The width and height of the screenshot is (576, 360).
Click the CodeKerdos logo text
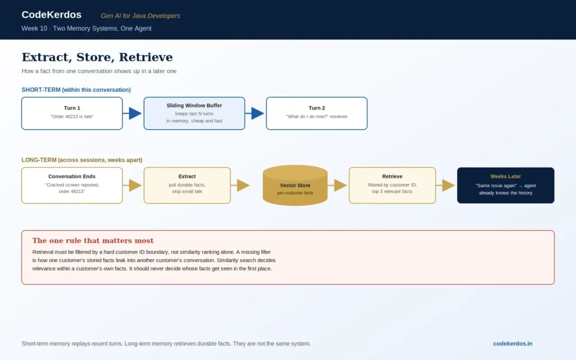tap(51, 15)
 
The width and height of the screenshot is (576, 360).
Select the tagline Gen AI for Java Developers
tap(140, 16)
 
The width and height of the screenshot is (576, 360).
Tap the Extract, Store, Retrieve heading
tap(97, 57)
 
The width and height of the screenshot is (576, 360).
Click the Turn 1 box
tap(72, 113)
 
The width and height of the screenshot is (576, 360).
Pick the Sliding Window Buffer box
tap(194, 113)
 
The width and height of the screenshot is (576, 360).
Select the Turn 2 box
tap(317, 113)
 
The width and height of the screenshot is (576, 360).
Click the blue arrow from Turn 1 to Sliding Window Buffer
tap(132, 113)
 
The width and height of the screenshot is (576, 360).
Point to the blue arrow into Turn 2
tap(255, 113)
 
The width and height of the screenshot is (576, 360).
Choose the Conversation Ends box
tap(72, 185)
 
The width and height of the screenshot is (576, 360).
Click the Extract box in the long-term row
tap(187, 185)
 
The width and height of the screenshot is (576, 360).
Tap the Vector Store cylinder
tap(295, 185)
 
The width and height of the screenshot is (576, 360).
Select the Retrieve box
tap(392, 185)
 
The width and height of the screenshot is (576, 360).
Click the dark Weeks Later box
tap(506, 185)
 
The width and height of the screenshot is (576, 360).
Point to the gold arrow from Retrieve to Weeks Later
tap(445, 185)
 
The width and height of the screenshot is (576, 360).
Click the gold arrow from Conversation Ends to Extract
tap(132, 185)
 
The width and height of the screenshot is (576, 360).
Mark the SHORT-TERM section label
tap(76, 89)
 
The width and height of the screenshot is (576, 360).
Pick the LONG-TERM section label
tap(82, 160)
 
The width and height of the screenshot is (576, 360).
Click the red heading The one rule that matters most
tap(93, 240)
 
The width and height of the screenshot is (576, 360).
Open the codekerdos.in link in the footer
tap(512, 344)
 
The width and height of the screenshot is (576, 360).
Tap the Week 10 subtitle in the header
tap(86, 28)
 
